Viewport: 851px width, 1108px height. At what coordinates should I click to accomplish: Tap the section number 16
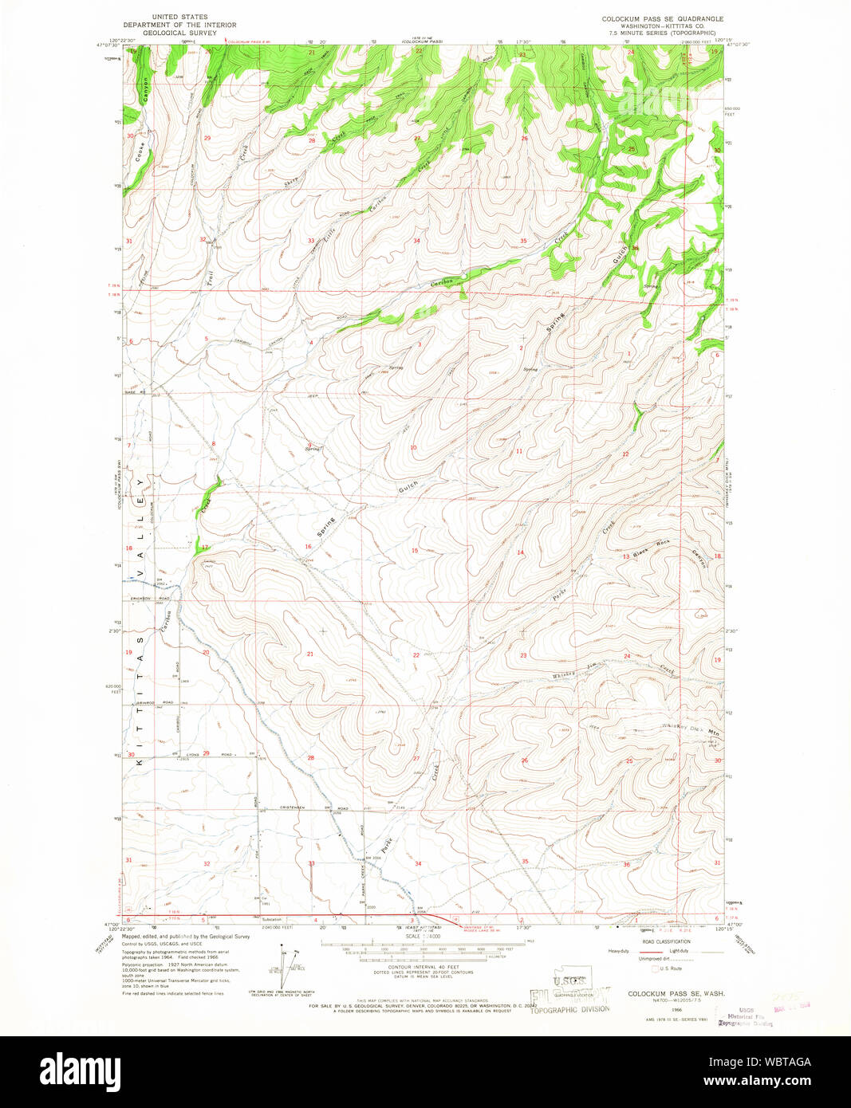[308, 547]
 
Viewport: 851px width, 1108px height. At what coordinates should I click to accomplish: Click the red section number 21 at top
[312, 53]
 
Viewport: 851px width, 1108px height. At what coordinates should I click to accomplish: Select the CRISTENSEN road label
[295, 807]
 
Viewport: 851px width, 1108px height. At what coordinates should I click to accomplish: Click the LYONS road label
[192, 754]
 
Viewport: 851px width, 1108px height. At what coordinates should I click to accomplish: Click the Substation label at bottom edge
[272, 919]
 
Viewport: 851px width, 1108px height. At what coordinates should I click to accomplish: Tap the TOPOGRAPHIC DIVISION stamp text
[572, 1008]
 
